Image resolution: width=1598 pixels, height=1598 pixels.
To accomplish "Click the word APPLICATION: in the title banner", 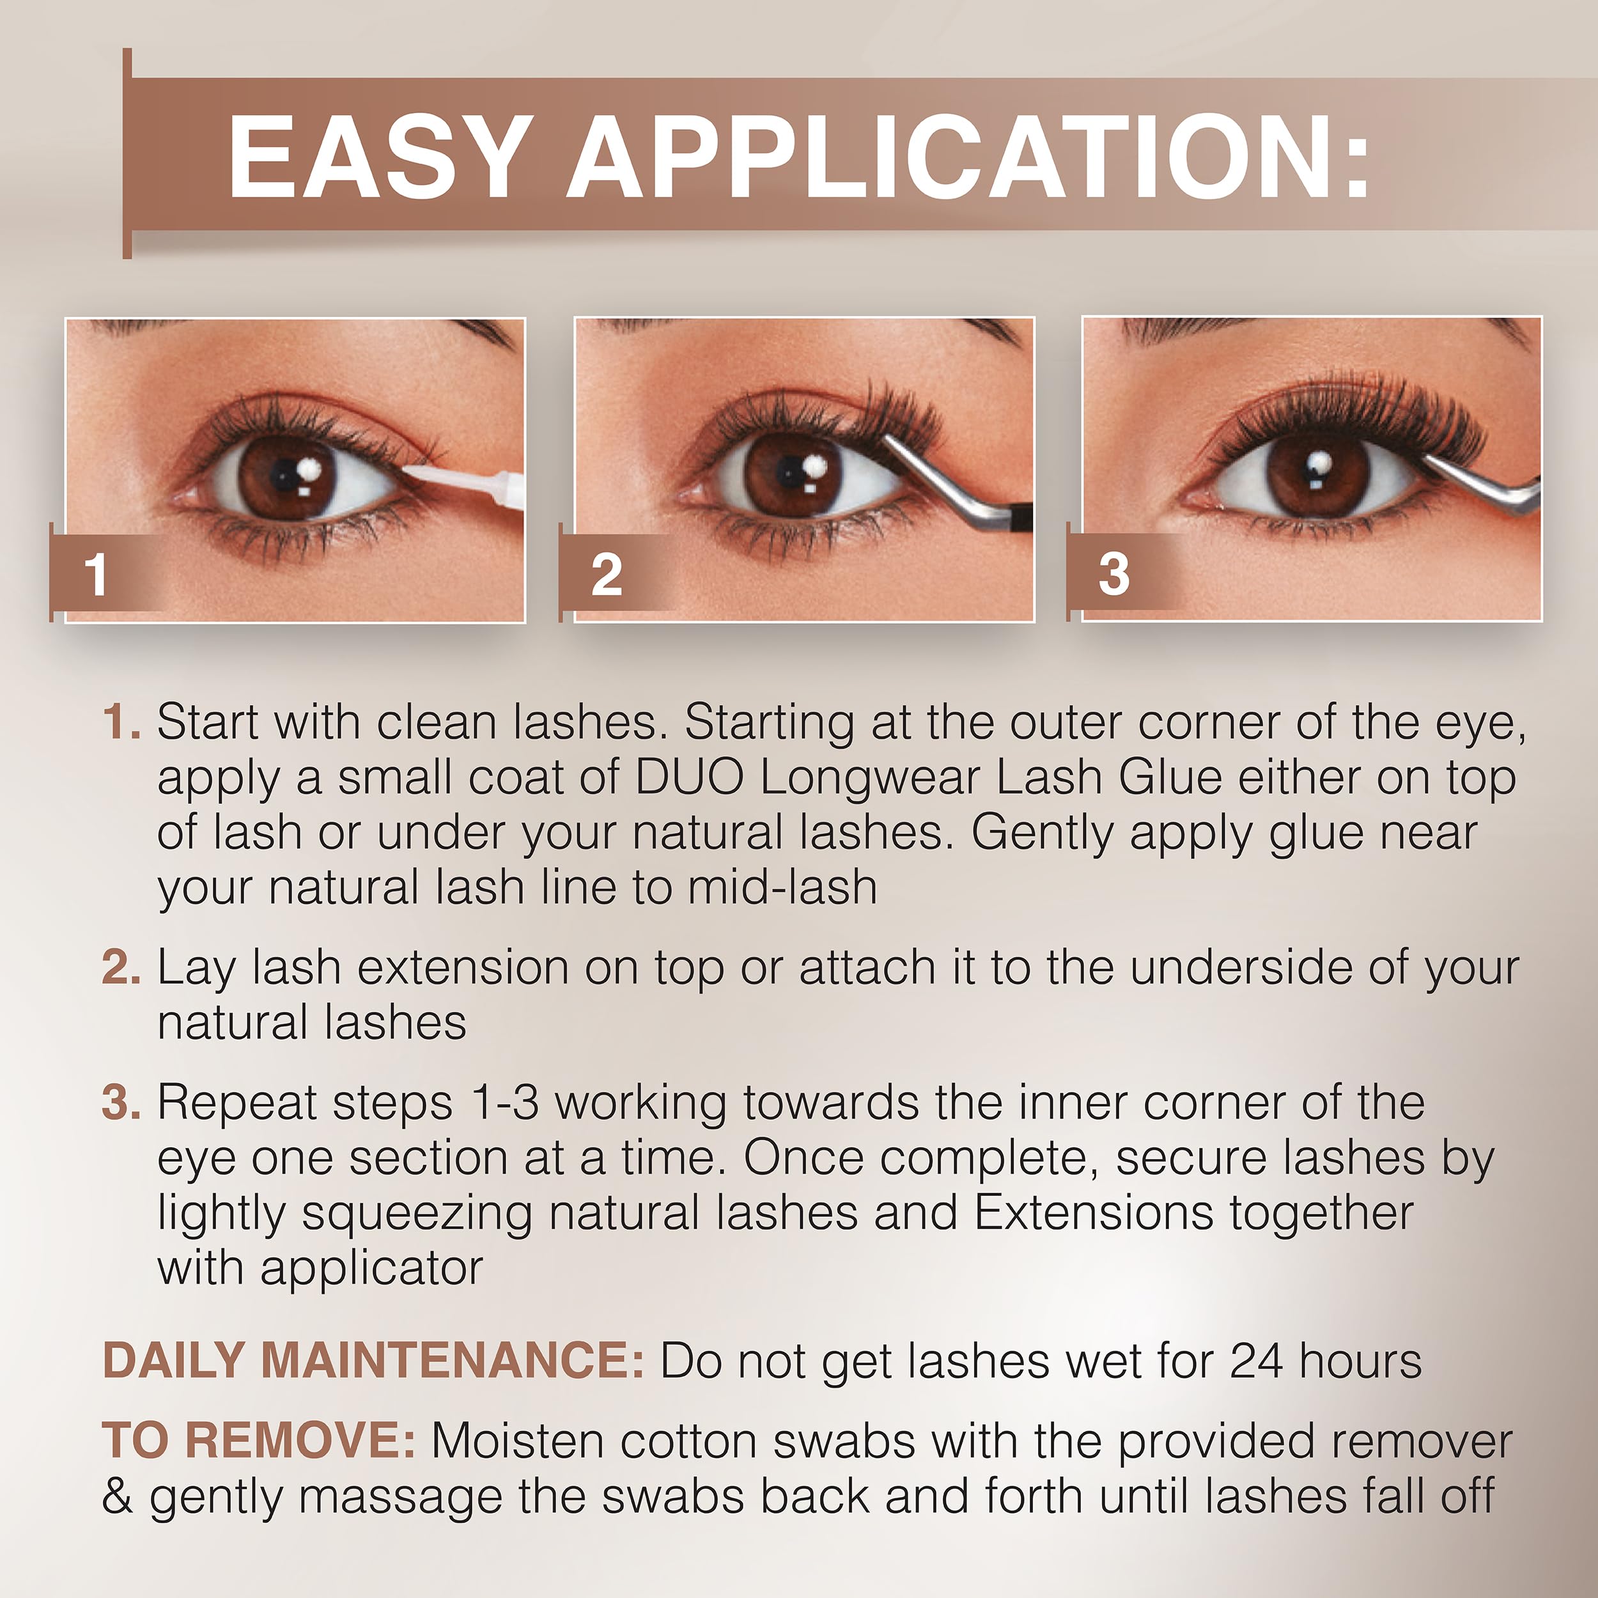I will [x=967, y=157].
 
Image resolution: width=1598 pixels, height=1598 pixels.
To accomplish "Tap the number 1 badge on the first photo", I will [x=97, y=573].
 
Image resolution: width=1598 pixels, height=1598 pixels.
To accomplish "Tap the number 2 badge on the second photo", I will [x=606, y=574].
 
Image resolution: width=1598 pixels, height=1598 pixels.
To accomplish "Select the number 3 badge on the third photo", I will [x=1114, y=573].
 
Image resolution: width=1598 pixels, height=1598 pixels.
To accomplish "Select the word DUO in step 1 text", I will [x=688, y=777].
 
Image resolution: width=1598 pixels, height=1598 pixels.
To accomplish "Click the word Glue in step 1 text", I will [x=1170, y=777].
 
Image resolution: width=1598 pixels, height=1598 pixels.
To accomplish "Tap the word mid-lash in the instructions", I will [x=782, y=887].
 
